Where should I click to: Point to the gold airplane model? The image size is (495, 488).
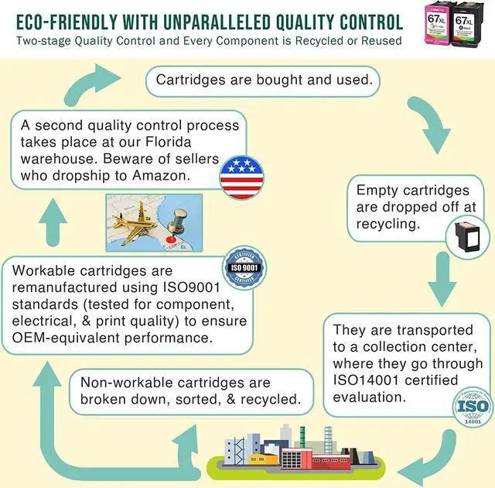(x=136, y=221)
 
